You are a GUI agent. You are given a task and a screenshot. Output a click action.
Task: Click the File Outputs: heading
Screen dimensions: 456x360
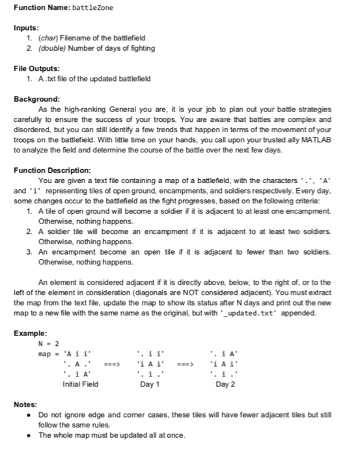point(38,68)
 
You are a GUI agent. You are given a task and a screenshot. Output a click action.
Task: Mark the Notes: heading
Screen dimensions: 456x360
point(26,405)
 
